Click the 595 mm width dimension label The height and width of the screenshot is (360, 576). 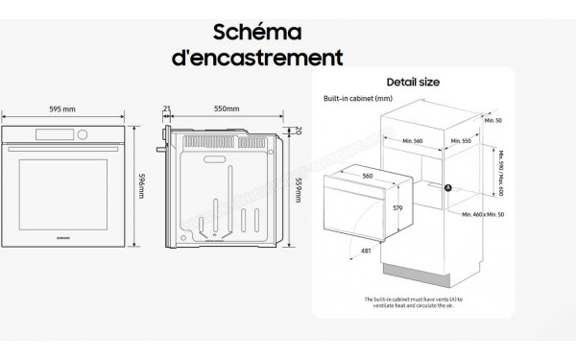pos(63,108)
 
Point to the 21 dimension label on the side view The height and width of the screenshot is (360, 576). pos(166,108)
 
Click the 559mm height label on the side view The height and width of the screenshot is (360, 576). pos(298,192)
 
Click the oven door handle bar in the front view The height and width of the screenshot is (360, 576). pos(63,144)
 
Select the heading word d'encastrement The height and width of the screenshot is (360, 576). pos(255,58)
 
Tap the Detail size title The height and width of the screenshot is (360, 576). pos(414,83)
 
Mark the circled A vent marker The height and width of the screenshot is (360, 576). pos(447,188)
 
